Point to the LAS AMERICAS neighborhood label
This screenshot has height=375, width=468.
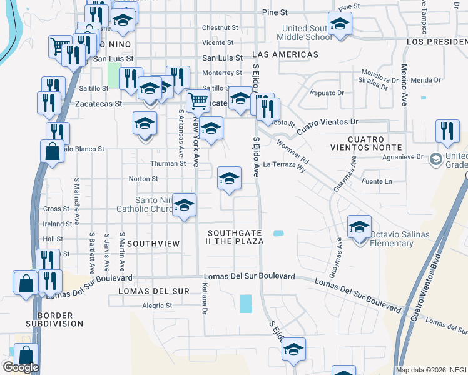click(x=285, y=54)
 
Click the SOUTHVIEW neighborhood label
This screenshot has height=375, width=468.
click(x=153, y=242)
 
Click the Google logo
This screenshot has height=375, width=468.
click(x=20, y=367)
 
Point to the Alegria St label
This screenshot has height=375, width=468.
click(x=156, y=306)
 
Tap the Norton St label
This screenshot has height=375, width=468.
click(x=139, y=179)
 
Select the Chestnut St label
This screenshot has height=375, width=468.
click(x=220, y=27)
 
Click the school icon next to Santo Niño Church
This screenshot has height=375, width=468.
click(x=184, y=206)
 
